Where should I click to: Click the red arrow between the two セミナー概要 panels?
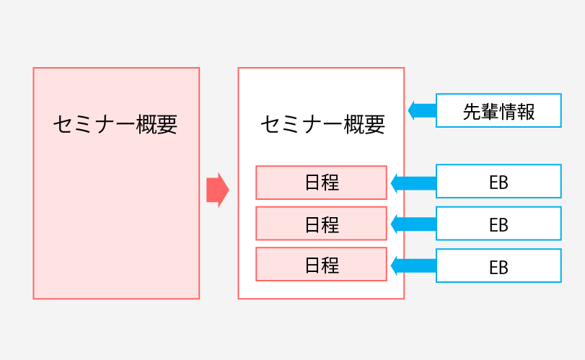pyautogui.click(x=217, y=190)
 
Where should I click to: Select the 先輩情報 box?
pyautogui.click(x=498, y=111)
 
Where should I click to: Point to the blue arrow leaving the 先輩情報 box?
pyautogui.click(x=422, y=111)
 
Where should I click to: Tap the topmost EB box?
pyautogui.click(x=498, y=182)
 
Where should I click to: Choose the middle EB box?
pyautogui.click(x=498, y=224)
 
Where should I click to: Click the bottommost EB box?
pyautogui.click(x=498, y=265)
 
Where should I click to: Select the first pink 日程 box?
pyautogui.click(x=321, y=183)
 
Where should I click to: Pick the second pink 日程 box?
pyautogui.click(x=321, y=224)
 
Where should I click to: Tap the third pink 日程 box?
pyautogui.click(x=321, y=265)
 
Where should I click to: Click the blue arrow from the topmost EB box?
pyautogui.click(x=413, y=183)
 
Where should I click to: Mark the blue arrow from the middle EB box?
pyautogui.click(x=413, y=224)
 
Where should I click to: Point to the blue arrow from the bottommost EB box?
pyautogui.click(x=413, y=265)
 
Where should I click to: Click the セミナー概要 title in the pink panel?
pyautogui.click(x=115, y=124)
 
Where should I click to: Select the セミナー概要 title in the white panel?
pyautogui.click(x=322, y=124)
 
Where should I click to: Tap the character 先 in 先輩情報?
pyautogui.click(x=471, y=112)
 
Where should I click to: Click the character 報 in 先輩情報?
pyautogui.click(x=526, y=112)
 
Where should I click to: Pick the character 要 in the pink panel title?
pyautogui.click(x=167, y=124)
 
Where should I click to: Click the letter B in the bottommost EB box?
pyautogui.click(x=503, y=267)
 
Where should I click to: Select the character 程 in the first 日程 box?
pyautogui.click(x=330, y=183)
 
